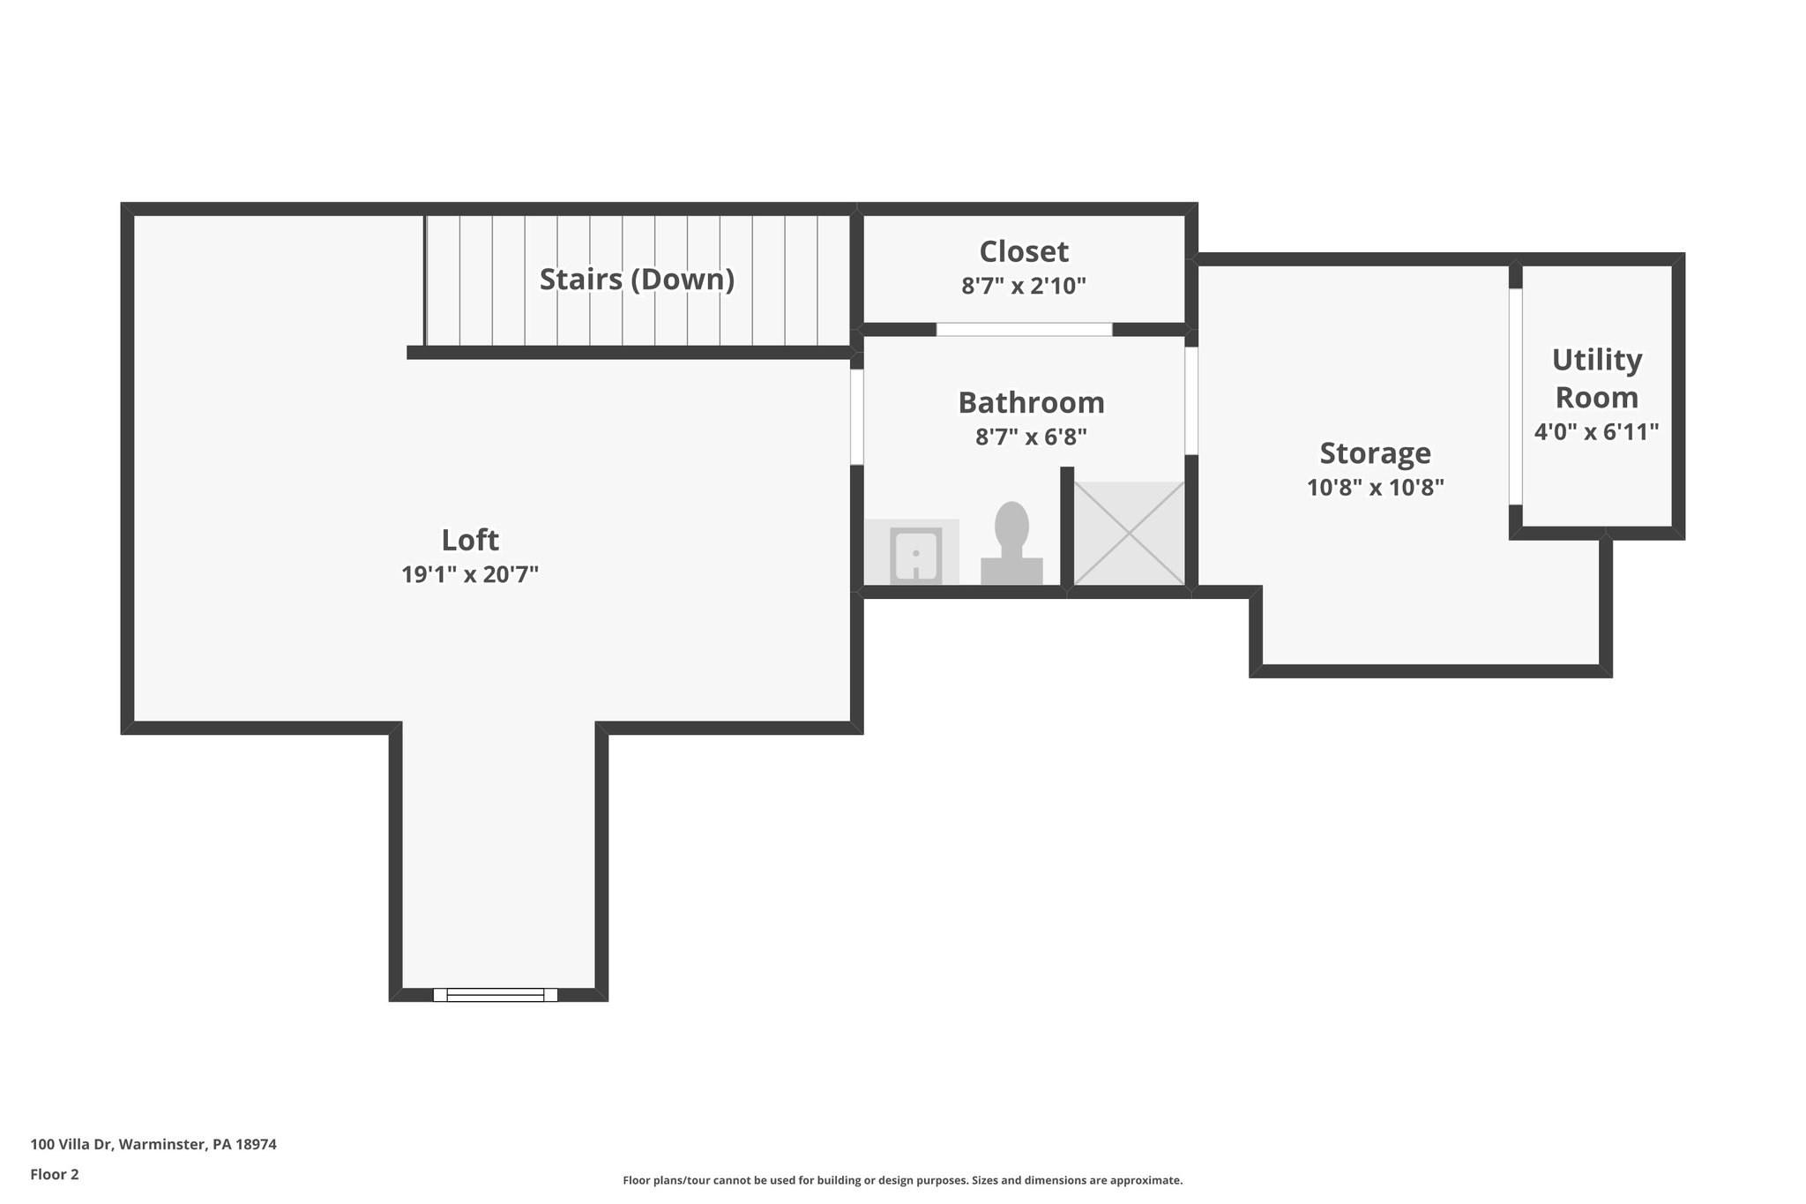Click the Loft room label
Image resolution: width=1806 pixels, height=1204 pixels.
[470, 540]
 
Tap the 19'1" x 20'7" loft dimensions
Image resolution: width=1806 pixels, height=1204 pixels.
[470, 575]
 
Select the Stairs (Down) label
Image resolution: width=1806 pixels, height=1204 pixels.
[637, 280]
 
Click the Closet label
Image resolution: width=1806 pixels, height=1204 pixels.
[1024, 252]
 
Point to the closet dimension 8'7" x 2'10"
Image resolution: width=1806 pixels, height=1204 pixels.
[1024, 286]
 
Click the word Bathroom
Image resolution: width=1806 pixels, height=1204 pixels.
[1031, 403]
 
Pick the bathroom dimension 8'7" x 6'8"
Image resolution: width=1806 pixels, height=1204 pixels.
[1031, 437]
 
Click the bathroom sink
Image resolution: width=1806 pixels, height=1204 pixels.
[915, 555]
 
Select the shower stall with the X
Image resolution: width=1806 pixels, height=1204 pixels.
[1129, 533]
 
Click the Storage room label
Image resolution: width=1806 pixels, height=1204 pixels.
[1375, 453]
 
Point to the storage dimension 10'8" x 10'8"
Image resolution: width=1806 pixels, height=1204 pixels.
[1375, 488]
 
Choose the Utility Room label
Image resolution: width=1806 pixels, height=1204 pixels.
[1596, 378]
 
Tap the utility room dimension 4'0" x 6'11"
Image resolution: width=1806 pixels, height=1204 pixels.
[1596, 432]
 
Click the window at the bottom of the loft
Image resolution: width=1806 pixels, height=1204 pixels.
[496, 995]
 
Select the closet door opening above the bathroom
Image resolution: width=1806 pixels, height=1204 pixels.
[1024, 329]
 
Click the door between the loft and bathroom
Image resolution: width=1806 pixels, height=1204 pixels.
[856, 416]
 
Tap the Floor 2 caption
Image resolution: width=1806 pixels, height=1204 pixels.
[55, 1174]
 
